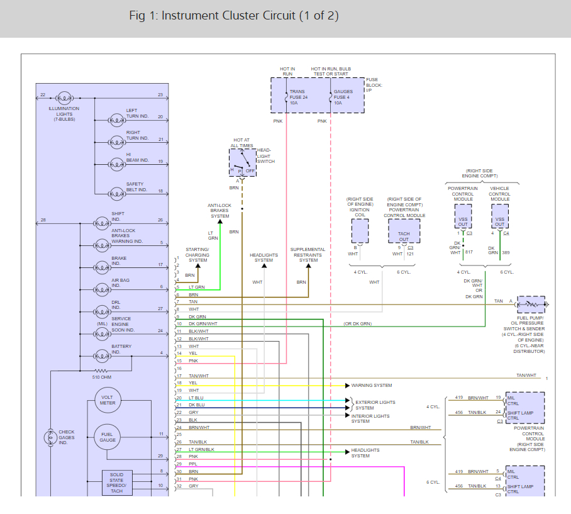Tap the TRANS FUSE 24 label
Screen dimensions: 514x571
[299, 97]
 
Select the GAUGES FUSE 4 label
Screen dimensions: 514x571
[343, 97]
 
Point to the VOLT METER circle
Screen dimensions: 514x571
[108, 400]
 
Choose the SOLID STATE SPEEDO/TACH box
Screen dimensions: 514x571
[117, 482]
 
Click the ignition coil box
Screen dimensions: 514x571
[360, 231]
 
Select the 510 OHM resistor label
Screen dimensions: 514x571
[101, 377]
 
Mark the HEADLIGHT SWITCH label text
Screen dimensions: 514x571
[265, 155]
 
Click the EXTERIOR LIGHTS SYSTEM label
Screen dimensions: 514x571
[375, 405]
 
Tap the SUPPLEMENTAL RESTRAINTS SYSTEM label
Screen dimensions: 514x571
[308, 255]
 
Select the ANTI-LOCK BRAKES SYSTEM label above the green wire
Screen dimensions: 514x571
[220, 211]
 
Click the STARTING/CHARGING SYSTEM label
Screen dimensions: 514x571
[197, 255]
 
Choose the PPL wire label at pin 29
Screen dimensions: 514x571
[193, 464]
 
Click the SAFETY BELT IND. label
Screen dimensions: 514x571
[136, 187]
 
